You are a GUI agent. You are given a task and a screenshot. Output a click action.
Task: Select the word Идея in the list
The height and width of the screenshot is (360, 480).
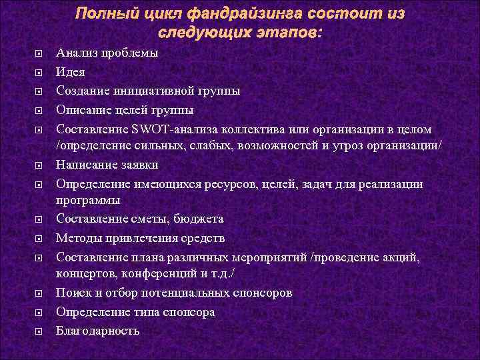coord(71,71)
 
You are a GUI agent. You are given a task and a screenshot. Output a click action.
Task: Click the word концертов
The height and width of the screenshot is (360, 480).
coord(85,275)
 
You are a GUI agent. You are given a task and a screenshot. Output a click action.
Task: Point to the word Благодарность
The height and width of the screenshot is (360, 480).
coord(98,331)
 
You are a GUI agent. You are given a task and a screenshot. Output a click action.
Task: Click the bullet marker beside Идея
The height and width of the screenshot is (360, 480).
coord(39,72)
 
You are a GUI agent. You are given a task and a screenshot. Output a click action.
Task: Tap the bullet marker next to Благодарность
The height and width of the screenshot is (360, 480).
coord(39,331)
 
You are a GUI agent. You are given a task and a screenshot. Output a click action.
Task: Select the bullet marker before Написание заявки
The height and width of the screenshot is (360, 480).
coord(39,165)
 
